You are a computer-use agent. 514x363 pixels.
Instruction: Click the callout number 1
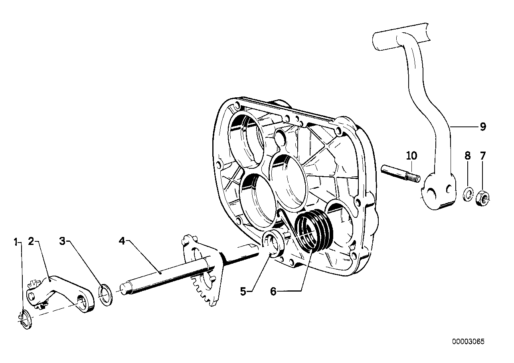(x=16, y=241)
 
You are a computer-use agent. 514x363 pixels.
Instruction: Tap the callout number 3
(x=62, y=241)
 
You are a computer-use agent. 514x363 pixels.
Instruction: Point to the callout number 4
(x=122, y=241)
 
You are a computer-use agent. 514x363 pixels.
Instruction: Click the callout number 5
(x=243, y=291)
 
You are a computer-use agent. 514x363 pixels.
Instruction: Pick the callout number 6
(x=273, y=292)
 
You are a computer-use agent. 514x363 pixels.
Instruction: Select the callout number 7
(x=483, y=156)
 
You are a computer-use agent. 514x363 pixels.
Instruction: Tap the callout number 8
(x=468, y=156)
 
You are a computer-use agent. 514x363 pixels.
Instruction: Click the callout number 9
(x=482, y=127)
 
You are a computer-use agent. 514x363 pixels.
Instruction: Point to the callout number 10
(x=411, y=155)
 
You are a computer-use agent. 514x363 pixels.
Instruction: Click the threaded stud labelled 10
(x=401, y=176)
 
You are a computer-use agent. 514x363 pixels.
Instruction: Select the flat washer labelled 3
(x=106, y=295)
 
